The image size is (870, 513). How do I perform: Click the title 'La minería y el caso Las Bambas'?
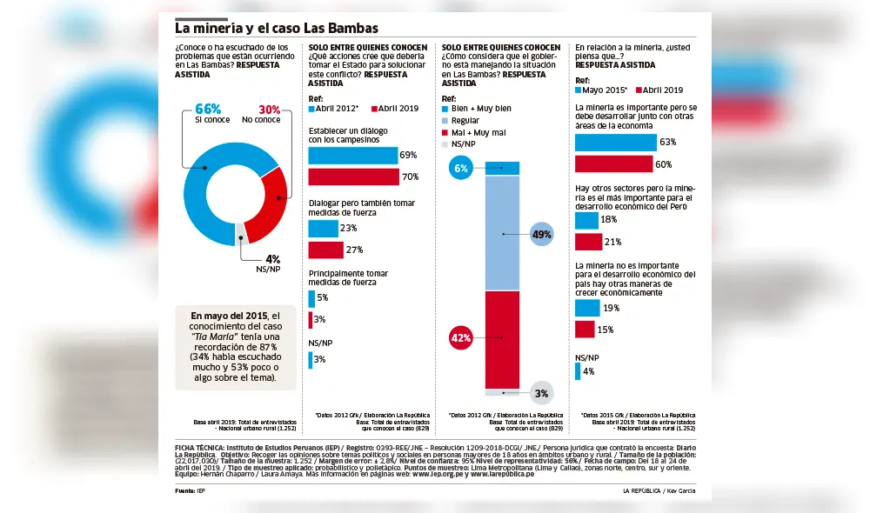tap(277, 29)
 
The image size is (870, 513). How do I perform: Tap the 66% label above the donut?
tap(208, 110)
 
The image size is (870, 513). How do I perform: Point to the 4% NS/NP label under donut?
tap(272, 259)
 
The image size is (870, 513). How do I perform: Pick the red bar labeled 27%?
tap(326, 250)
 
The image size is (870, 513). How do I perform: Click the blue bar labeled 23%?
tap(324, 229)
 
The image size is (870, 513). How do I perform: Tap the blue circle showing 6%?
tap(461, 169)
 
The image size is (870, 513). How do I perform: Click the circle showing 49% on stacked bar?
tap(541, 235)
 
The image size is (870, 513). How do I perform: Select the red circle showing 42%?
tap(461, 337)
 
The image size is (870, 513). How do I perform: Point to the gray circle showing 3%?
tap(541, 393)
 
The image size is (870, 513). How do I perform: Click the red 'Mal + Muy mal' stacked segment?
tap(502, 339)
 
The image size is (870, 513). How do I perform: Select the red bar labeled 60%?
tap(614, 164)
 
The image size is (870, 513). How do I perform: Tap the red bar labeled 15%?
tap(585, 330)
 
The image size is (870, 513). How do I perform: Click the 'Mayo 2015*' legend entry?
tap(601, 90)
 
